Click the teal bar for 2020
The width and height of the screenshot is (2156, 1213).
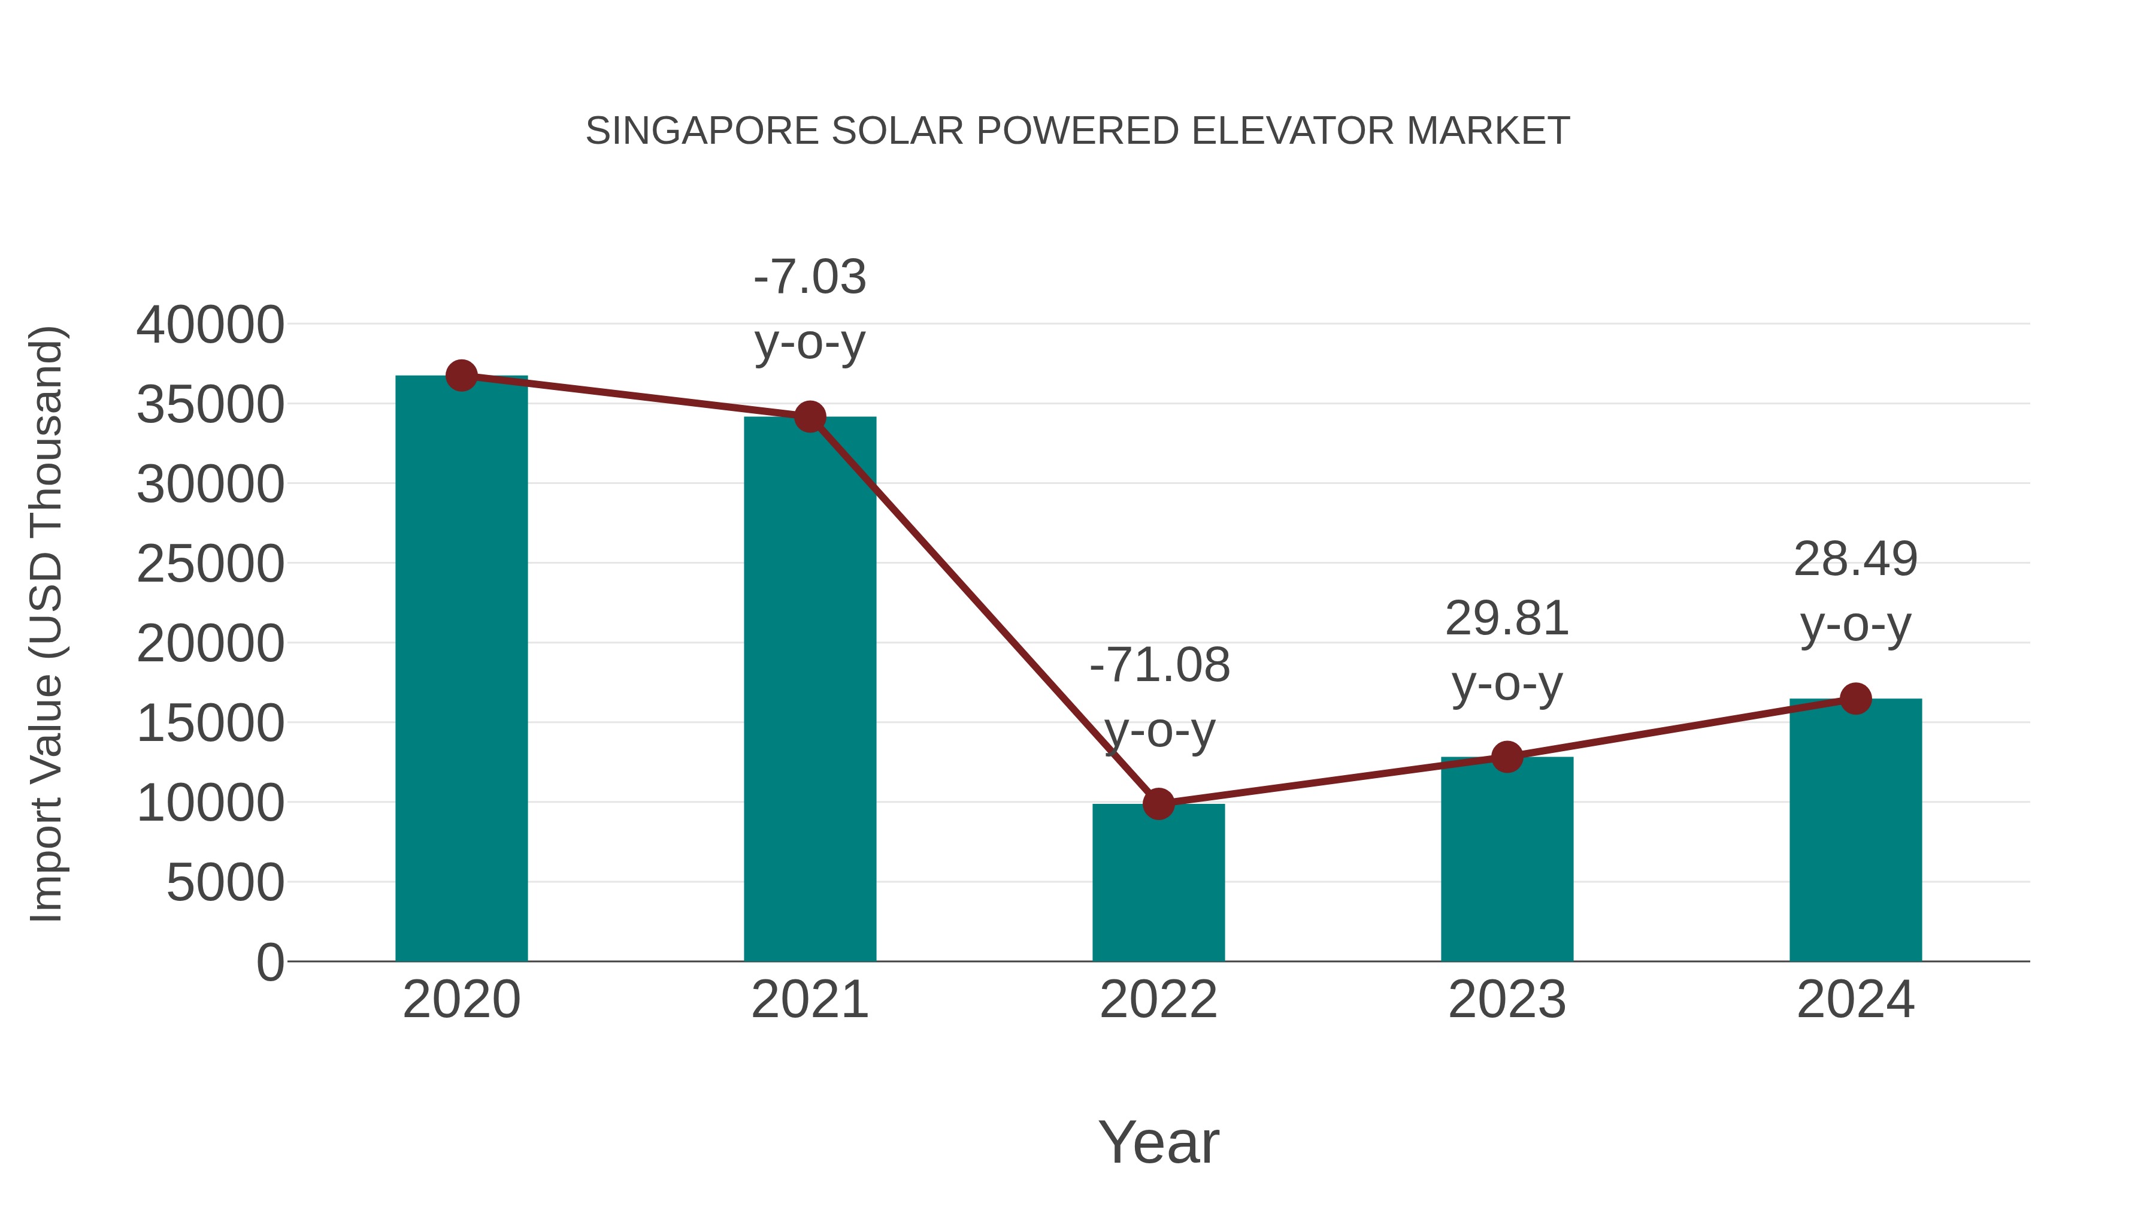point(461,670)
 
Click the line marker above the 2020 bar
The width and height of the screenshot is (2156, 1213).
point(461,376)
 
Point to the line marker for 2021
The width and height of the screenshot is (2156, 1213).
point(809,416)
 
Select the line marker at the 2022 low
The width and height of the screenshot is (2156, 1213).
point(1158,804)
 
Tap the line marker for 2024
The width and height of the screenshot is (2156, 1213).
point(1855,698)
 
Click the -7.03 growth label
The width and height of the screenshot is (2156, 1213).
point(809,277)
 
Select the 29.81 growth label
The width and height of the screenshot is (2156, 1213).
point(1507,619)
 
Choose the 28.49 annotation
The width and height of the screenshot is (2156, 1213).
point(1855,559)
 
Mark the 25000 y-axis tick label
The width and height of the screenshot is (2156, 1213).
point(210,564)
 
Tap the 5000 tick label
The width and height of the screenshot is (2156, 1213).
point(225,883)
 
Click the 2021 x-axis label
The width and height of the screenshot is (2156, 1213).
point(809,1000)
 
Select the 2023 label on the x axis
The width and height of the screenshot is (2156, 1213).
point(1507,1000)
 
